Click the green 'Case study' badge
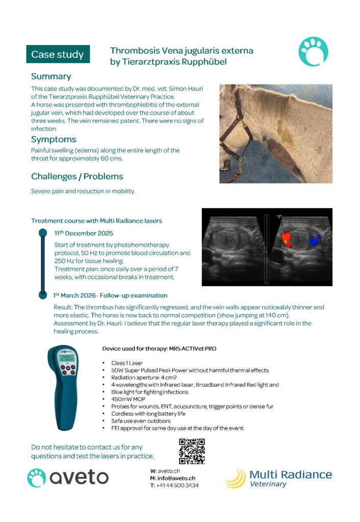(58, 54)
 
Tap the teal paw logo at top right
(313, 52)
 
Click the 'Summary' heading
(51, 76)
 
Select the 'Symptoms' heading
(54, 139)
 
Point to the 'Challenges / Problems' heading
(77, 176)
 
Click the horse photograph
(275, 134)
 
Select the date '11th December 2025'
(84, 233)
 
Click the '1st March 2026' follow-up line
(110, 295)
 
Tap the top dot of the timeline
(43, 232)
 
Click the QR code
(192, 451)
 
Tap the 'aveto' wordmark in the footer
(79, 477)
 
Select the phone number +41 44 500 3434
(178, 485)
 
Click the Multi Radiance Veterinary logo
(278, 478)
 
